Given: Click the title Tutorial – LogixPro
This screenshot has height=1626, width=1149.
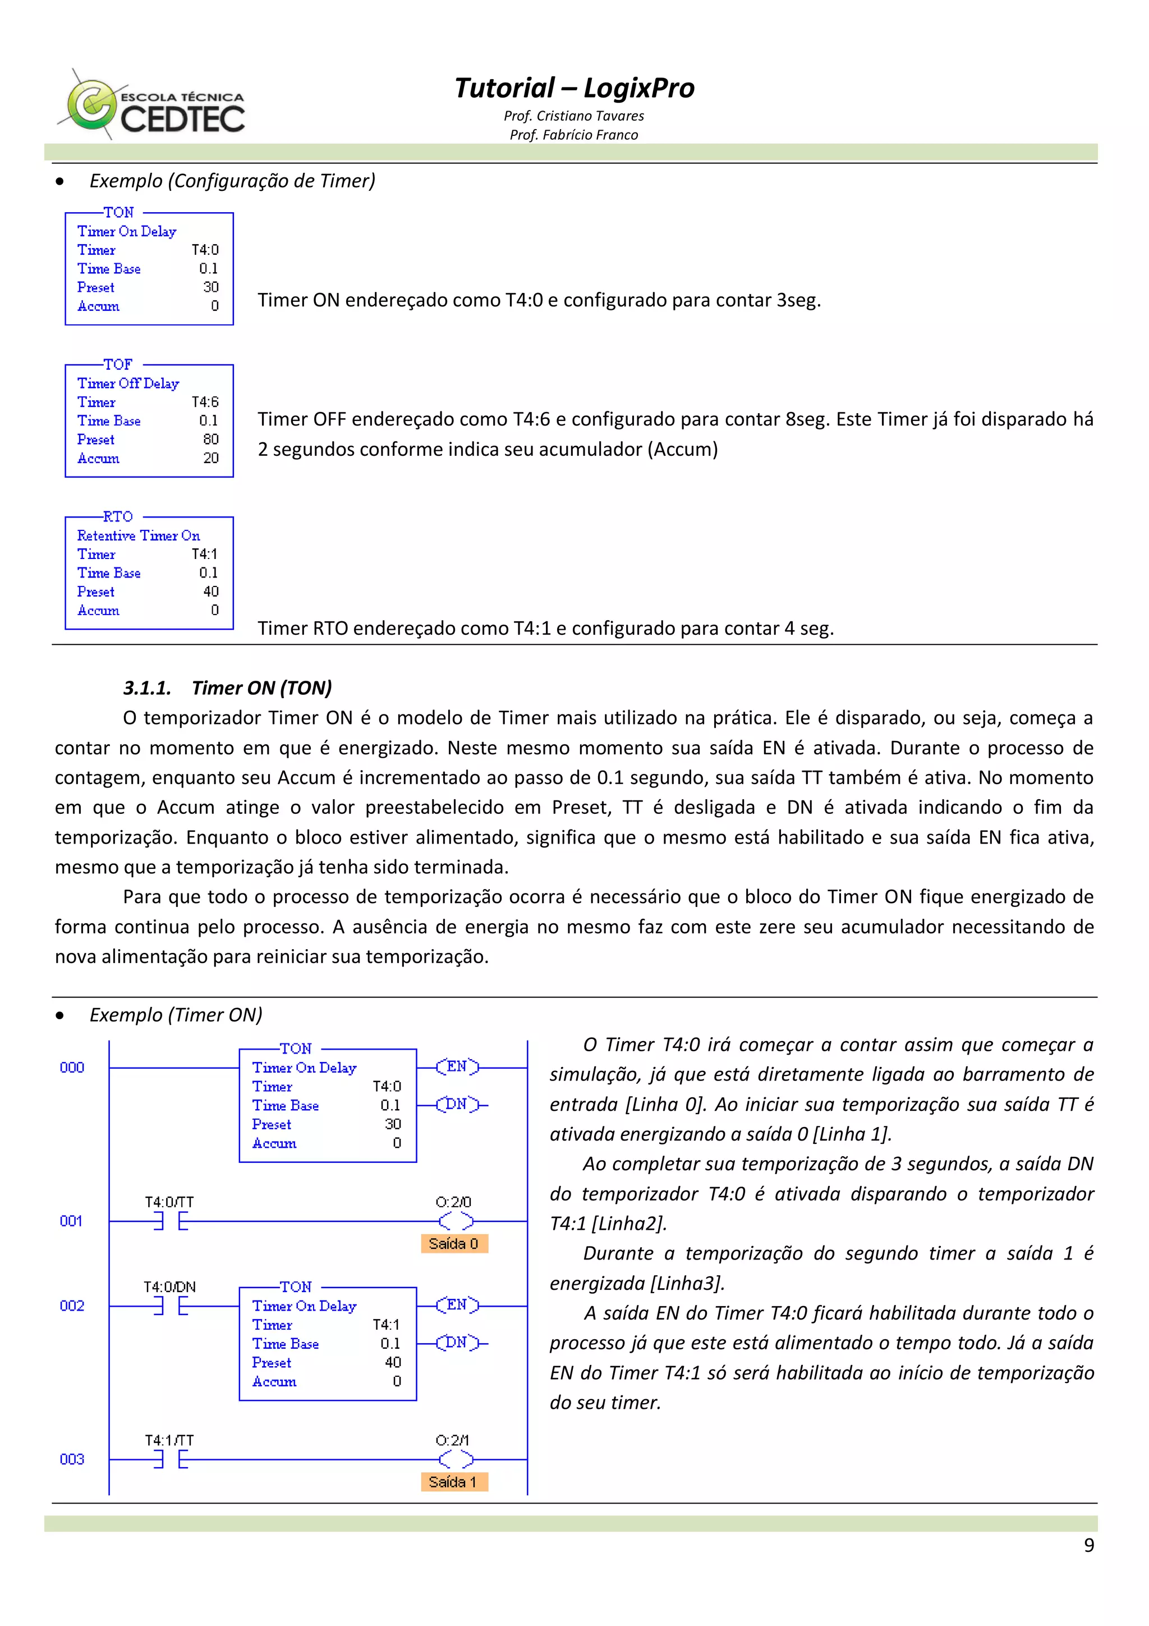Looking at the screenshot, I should (573, 88).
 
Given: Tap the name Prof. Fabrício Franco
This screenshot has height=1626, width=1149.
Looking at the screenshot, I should (573, 135).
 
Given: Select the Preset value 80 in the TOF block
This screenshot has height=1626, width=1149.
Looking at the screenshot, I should (210, 439).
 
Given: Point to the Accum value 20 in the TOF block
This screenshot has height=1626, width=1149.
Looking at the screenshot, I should (210, 458).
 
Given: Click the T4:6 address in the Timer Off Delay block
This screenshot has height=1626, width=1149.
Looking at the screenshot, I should (205, 401).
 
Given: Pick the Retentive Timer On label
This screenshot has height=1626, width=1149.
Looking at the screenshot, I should (138, 535).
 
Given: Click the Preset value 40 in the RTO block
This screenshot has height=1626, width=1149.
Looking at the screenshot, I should (210, 592).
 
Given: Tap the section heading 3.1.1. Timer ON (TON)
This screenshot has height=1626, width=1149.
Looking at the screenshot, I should (227, 688).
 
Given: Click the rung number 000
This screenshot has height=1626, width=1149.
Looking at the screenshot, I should (71, 1067).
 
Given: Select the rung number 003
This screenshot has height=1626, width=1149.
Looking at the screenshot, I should (71, 1459).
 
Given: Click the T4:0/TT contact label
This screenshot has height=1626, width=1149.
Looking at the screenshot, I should (169, 1202).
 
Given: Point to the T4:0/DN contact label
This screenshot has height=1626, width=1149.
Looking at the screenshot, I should (169, 1287).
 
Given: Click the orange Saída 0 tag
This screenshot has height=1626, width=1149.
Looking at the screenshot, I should (453, 1244).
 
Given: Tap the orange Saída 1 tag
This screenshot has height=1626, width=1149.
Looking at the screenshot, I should (453, 1482).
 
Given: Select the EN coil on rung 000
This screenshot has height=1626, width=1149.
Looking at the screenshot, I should (457, 1066).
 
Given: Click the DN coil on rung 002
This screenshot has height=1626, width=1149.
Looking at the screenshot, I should (457, 1342).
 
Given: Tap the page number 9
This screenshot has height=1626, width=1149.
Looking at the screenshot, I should (1088, 1545).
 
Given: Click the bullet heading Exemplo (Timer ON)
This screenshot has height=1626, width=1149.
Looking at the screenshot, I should (176, 1015).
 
